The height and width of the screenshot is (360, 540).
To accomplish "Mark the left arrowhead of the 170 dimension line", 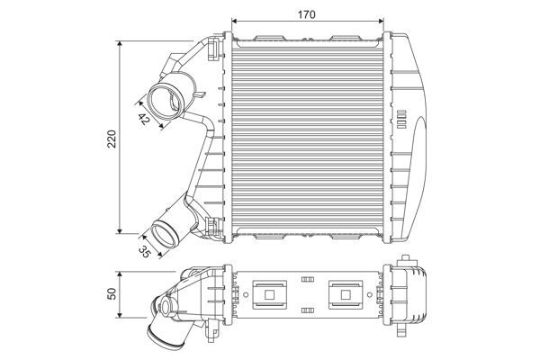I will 236,22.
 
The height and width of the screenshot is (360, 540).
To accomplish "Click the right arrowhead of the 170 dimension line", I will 383,22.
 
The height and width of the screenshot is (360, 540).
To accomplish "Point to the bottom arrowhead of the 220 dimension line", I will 122,231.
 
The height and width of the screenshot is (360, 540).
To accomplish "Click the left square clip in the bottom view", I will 270,292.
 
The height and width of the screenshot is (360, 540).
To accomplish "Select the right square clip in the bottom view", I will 345,292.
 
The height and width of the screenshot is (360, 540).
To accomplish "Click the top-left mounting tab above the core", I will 269,37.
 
